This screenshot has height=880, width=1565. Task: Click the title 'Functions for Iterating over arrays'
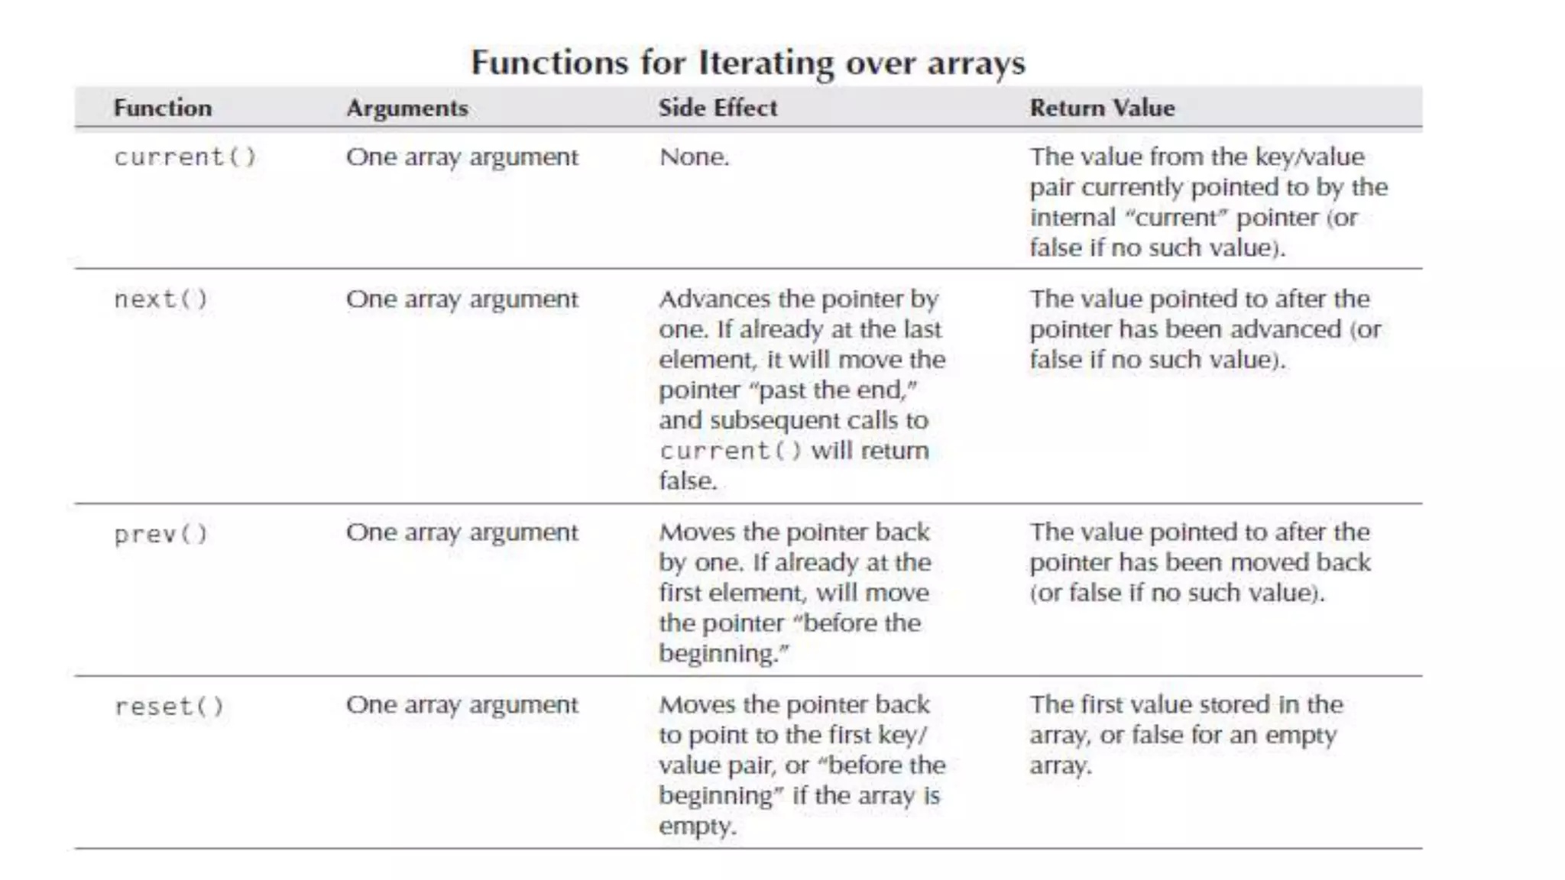click(747, 63)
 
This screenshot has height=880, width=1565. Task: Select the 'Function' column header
click(163, 108)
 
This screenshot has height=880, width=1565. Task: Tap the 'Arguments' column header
click(407, 108)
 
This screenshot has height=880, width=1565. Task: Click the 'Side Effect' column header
click(718, 108)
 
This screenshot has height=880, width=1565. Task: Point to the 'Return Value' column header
click(1102, 108)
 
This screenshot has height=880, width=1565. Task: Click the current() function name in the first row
click(185, 157)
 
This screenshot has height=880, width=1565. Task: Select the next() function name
click(160, 299)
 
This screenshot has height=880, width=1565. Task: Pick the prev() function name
click(160, 534)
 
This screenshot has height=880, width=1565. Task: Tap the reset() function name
click(169, 707)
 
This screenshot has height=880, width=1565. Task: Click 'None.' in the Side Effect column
click(694, 157)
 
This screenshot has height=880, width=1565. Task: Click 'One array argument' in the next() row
click(462, 299)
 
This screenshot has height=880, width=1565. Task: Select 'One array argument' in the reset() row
click(462, 705)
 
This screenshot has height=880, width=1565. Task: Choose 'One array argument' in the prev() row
click(462, 532)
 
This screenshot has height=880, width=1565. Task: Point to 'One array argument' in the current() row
click(462, 157)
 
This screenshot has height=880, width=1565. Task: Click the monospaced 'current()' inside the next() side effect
click(731, 451)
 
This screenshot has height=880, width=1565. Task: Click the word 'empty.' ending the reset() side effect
click(698, 827)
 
